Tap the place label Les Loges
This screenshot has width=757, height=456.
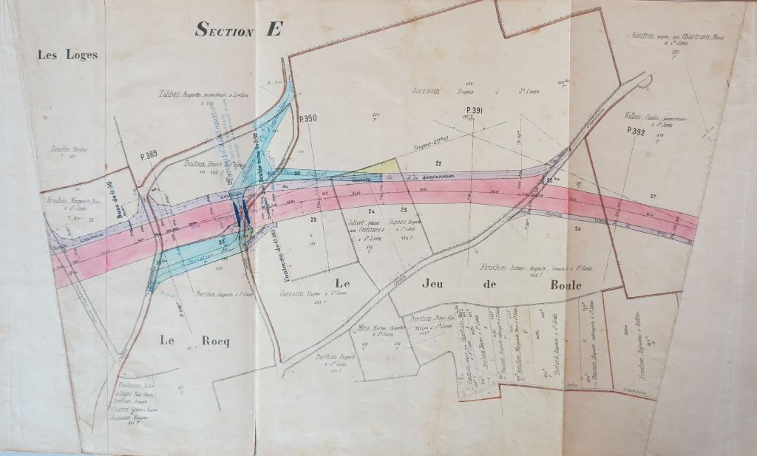tap(68, 55)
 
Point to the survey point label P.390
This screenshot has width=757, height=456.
tap(308, 118)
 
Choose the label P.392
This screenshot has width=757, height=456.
tap(636, 131)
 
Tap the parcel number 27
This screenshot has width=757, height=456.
tap(653, 195)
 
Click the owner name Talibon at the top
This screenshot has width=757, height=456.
tap(172, 94)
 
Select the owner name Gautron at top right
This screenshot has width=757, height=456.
tap(645, 35)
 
